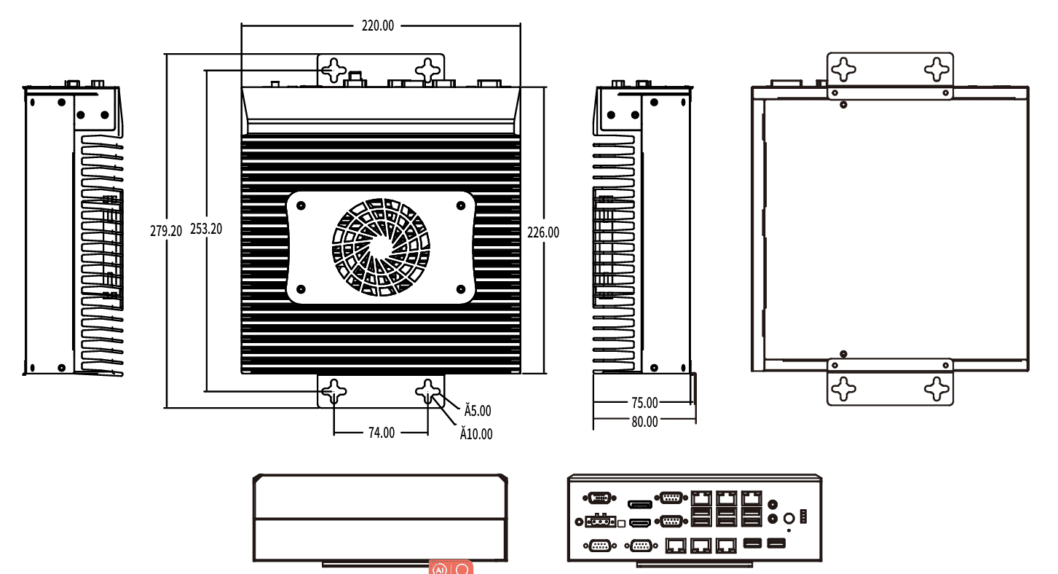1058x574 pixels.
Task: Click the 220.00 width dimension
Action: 378,25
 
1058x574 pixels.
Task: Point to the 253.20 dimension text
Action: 206,229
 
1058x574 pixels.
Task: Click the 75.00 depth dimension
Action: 644,402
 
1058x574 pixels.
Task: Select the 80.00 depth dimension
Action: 644,421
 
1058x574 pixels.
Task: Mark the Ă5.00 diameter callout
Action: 478,411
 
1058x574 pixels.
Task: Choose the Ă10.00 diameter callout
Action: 475,434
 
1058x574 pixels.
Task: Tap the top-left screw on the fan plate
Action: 301,205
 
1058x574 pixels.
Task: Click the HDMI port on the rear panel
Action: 639,523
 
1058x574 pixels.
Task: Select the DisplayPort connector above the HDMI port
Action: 639,504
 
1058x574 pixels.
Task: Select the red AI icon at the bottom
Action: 440,568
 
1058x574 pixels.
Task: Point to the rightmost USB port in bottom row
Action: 777,543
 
